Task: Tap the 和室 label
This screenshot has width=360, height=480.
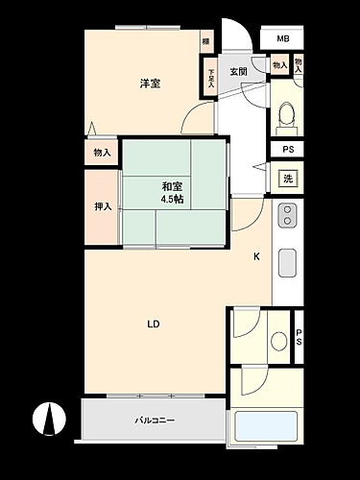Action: pos(172,186)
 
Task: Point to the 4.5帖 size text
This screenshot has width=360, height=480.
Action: pos(172,200)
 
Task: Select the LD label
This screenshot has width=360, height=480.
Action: pos(153,324)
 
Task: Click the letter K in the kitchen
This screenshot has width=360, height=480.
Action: pos(256,256)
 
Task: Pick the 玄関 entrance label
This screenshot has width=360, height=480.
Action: pos(238,72)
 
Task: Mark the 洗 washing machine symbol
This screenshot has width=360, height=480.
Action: pos(287,178)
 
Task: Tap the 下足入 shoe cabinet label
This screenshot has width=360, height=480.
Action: pos(211,76)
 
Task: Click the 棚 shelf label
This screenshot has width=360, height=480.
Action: pos(205,41)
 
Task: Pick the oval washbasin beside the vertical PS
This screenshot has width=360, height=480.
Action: pos(279,340)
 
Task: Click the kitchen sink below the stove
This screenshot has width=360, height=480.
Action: pos(287,262)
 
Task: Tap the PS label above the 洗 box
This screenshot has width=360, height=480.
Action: pos(287,149)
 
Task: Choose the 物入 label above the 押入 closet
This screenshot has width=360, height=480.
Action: pos(102,153)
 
